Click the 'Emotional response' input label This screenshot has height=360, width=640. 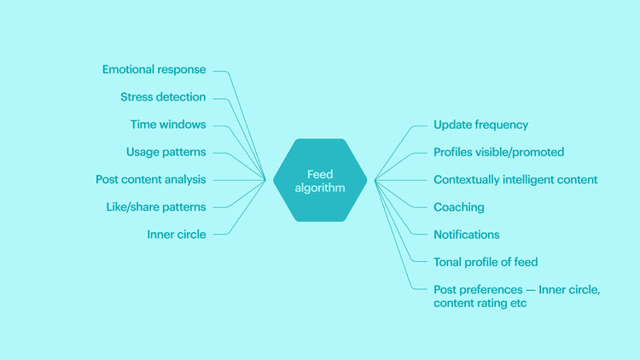click(154, 70)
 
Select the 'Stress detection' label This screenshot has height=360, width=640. click(163, 97)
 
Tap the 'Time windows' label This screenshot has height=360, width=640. click(168, 125)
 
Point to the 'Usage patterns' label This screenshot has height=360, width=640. click(166, 152)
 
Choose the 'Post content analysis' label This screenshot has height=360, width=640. click(150, 180)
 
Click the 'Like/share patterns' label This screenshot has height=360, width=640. click(156, 207)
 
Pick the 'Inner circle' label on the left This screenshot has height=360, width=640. click(177, 235)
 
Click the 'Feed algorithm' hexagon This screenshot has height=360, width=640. click(320, 180)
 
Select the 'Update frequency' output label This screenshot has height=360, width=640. click(480, 125)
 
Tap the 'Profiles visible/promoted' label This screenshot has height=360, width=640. click(499, 152)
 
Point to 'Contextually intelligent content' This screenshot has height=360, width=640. click(515, 180)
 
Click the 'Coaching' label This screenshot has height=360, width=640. click(459, 207)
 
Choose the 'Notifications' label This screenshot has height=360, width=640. click(467, 235)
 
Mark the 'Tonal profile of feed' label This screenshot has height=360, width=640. click(486, 262)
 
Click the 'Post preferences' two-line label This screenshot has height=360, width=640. click(517, 296)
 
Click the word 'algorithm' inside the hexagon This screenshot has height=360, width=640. click(320, 188)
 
